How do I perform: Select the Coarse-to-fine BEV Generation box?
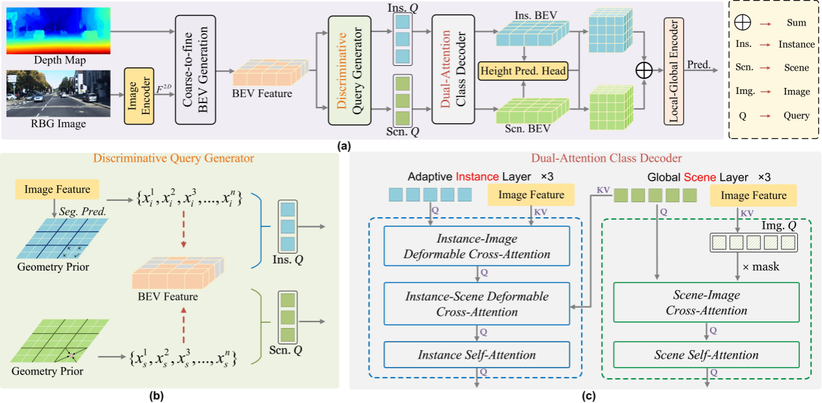196,67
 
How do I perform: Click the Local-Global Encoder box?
673,70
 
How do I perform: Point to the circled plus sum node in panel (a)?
643,70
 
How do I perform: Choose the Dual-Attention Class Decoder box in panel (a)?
454,67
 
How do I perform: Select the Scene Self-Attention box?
706,355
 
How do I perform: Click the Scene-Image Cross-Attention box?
706,303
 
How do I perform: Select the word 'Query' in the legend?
796,115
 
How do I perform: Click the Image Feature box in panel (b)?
58,190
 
